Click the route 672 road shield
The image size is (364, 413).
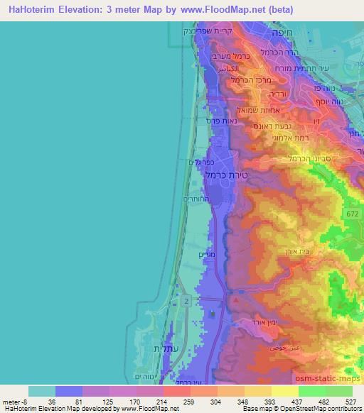353,213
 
